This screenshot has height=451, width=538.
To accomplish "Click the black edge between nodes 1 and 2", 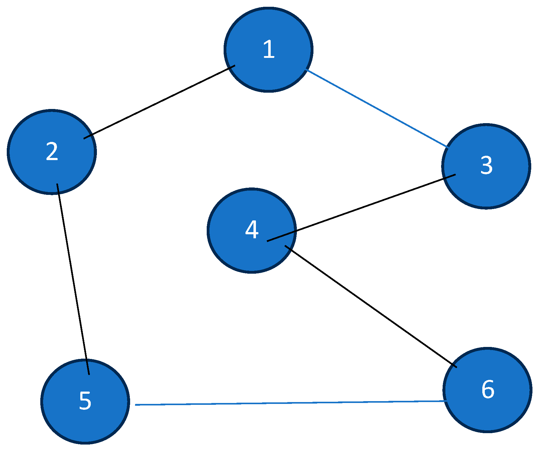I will (159, 102).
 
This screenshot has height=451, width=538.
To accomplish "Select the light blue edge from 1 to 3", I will (377, 109).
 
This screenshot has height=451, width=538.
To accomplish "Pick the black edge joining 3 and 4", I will (361, 208).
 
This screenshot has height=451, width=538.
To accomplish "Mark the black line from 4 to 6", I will (371, 307).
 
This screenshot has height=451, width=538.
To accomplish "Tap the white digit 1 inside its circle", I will (269, 49).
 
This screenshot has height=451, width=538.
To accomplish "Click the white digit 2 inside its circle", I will (52, 151).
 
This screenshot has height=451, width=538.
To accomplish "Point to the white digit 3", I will (486, 166).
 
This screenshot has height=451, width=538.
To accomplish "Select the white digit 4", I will (252, 230).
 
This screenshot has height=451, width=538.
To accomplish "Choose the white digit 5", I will (85, 401).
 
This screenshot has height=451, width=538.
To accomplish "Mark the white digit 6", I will (488, 389).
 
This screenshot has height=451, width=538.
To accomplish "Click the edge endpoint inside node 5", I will (89, 374).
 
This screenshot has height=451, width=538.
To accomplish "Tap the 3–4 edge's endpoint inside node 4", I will (268, 241).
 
